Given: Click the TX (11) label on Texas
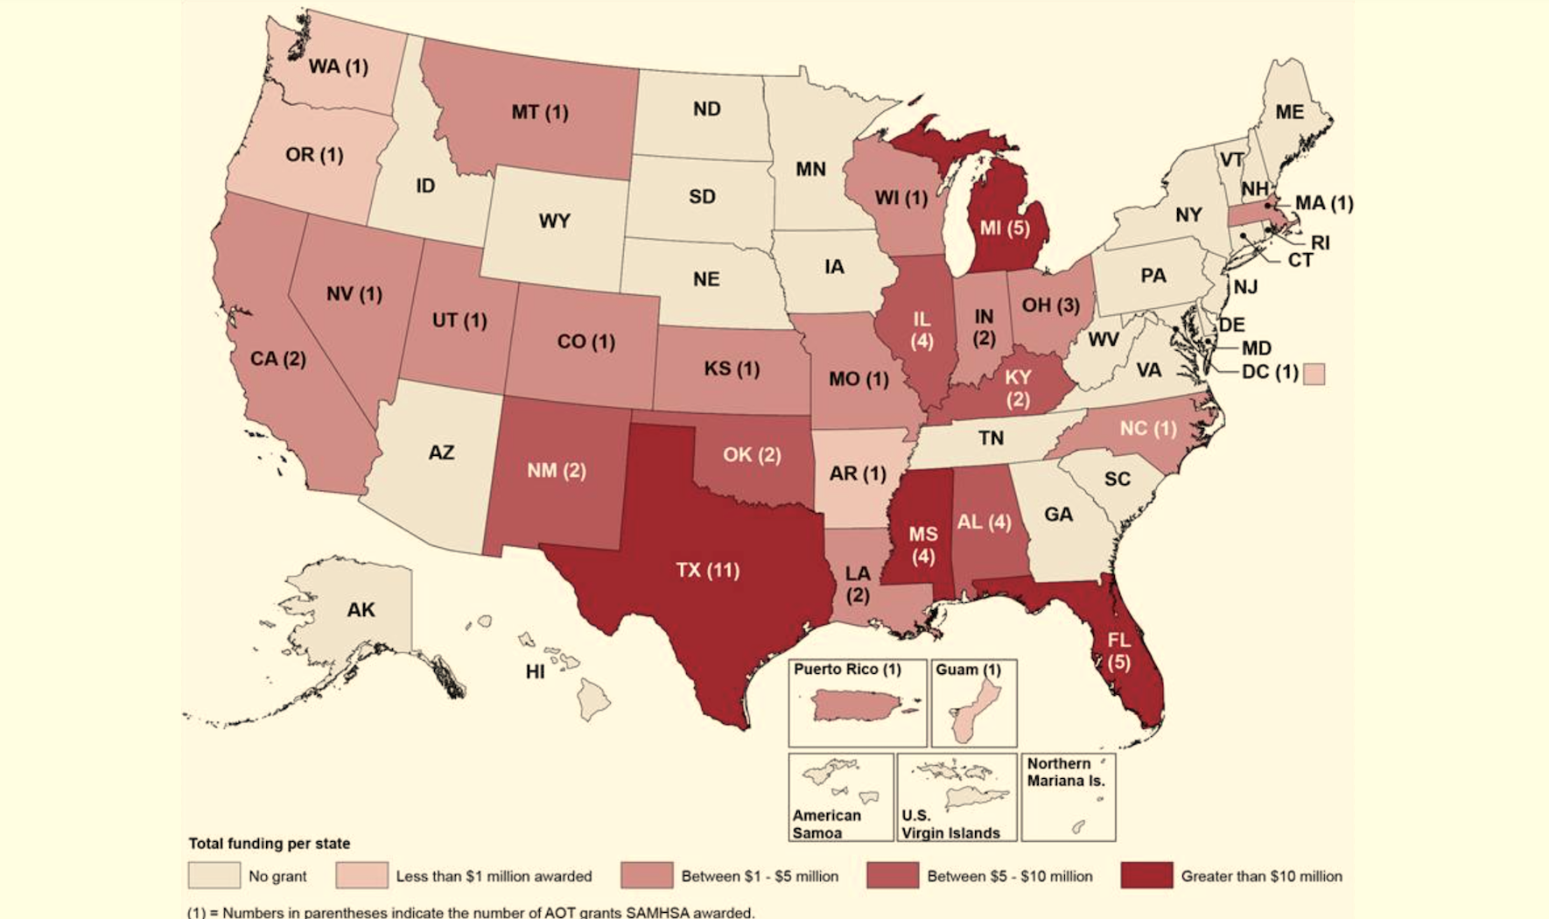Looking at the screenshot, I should click(x=707, y=571).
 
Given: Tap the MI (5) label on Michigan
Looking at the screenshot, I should click(x=1004, y=228).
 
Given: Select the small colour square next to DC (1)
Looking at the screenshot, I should click(x=1314, y=374).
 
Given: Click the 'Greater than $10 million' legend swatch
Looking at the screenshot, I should click(x=1146, y=875).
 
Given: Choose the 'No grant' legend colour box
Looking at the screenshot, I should click(x=214, y=875).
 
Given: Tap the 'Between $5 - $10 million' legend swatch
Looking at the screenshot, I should click(x=892, y=875).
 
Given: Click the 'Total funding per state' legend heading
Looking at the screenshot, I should click(x=269, y=844).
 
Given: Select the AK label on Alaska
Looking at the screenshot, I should click(x=361, y=610).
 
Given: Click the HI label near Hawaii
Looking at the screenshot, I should click(x=535, y=672).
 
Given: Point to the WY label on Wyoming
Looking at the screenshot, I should click(x=554, y=221).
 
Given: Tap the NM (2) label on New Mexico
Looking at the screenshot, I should click(x=556, y=471).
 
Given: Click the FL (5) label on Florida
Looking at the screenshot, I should click(x=1118, y=651).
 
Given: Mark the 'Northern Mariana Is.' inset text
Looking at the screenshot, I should click(x=1066, y=772).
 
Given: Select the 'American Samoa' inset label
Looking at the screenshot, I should click(x=826, y=824).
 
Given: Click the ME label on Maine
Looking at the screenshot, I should click(x=1289, y=112).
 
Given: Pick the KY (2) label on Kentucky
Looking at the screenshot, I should click(x=1018, y=389).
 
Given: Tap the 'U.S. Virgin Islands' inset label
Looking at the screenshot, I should click(x=950, y=824).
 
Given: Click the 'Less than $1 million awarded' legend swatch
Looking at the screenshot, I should click(x=361, y=875).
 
